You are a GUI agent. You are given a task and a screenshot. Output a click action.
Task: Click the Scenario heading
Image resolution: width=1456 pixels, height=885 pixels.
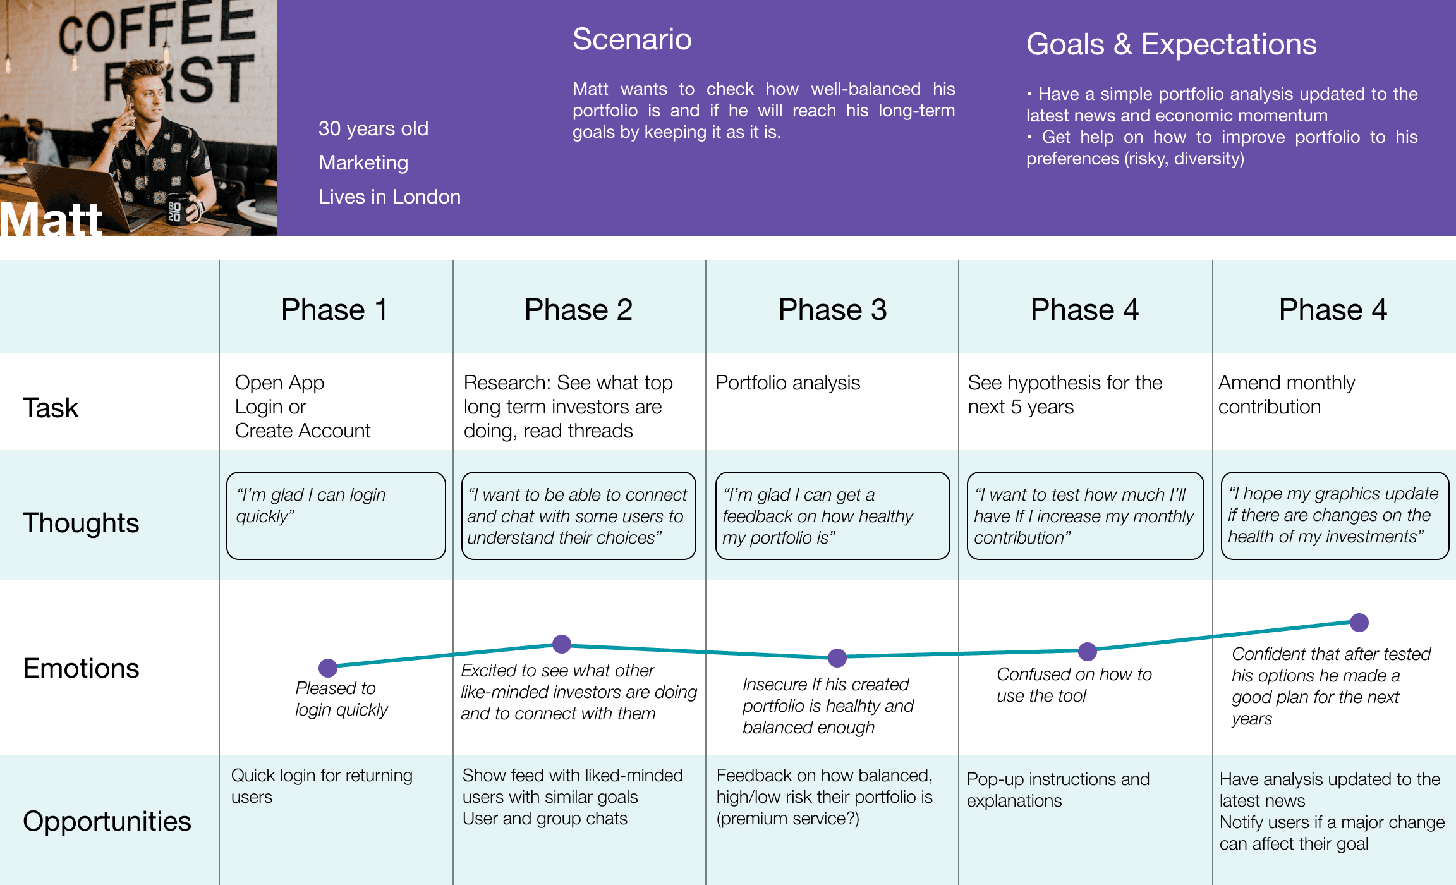pyautogui.click(x=632, y=39)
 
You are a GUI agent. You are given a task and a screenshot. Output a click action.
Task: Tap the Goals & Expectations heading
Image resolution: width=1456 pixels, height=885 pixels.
pyautogui.click(x=1171, y=44)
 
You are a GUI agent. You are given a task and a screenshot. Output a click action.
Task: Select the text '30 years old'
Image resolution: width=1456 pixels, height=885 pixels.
pyautogui.click(x=373, y=128)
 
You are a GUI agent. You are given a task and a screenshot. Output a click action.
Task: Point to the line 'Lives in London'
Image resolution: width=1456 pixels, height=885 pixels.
pyautogui.click(x=389, y=197)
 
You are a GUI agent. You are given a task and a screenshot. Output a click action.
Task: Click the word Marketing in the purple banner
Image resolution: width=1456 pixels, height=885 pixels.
pyautogui.click(x=363, y=162)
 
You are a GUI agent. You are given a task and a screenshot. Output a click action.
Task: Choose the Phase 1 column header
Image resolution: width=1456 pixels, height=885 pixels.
pyautogui.click(x=334, y=310)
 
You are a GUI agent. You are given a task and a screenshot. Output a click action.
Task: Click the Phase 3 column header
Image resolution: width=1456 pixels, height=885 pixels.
pyautogui.click(x=832, y=310)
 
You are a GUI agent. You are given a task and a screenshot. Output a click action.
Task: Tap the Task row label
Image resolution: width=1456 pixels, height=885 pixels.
pyautogui.click(x=51, y=408)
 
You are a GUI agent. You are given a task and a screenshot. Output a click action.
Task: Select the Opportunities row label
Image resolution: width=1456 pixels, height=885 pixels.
pyautogui.click(x=107, y=821)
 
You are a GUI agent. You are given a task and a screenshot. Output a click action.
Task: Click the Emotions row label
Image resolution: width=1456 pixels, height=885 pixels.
pyautogui.click(x=81, y=668)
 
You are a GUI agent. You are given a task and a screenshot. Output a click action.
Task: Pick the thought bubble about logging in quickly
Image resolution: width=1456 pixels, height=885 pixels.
pyautogui.click(x=336, y=515)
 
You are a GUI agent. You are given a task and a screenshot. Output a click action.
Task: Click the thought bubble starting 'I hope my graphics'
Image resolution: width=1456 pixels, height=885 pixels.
pyautogui.click(x=1335, y=515)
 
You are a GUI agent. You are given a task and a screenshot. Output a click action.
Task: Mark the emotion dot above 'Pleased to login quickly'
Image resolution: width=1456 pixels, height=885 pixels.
pyautogui.click(x=328, y=668)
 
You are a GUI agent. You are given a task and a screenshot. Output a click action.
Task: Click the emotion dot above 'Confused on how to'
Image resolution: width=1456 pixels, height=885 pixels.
pyautogui.click(x=1088, y=651)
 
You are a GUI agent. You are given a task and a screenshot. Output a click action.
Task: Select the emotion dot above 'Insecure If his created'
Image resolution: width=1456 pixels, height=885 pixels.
pyautogui.click(x=837, y=657)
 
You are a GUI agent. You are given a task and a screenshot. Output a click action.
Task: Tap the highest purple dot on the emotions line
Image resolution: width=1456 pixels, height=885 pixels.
pyautogui.click(x=1359, y=623)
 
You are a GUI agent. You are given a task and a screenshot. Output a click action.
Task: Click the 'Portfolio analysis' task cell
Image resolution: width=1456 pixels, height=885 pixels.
pyautogui.click(x=787, y=382)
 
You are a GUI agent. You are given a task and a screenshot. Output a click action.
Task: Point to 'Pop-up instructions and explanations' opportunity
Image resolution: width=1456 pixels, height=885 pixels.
pyautogui.click(x=1058, y=790)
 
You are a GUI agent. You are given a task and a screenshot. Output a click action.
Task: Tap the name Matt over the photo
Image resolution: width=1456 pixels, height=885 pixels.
pyautogui.click(x=51, y=220)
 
